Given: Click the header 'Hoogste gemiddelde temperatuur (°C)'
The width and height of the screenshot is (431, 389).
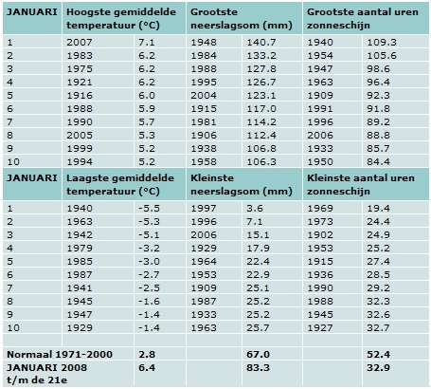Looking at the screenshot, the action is (x=121, y=19).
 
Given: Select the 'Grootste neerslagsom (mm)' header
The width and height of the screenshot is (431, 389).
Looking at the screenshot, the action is (x=242, y=19).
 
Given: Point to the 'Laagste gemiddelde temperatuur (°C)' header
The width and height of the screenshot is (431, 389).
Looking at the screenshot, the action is (x=120, y=185).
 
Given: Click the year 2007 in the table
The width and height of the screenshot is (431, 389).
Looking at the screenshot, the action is (x=80, y=43).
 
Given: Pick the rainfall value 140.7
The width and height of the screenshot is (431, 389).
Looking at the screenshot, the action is (x=261, y=43).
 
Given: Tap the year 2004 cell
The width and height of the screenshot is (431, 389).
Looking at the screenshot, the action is (x=204, y=96).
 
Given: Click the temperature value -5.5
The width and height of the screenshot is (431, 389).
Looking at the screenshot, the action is (x=149, y=209).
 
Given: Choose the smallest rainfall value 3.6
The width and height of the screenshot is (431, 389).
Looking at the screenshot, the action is (x=255, y=209).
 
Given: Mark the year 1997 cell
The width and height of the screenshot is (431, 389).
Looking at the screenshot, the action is (x=204, y=209).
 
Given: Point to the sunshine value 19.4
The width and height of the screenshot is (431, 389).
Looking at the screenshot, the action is (x=378, y=209).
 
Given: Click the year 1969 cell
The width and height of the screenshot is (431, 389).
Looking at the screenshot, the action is (x=320, y=209).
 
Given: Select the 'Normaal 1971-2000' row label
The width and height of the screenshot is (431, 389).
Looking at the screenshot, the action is (x=60, y=354).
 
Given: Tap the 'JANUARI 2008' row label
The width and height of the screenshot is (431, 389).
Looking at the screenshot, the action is (x=46, y=368).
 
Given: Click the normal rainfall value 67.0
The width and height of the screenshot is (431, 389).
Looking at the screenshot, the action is (x=258, y=354).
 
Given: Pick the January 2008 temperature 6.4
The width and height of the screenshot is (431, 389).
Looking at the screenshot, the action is (x=147, y=368).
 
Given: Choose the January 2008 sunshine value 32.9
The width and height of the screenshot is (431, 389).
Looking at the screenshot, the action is (x=378, y=368).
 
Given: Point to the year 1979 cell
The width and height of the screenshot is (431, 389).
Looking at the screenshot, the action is (x=80, y=249).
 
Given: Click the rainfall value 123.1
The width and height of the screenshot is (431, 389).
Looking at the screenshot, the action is (x=261, y=96).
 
